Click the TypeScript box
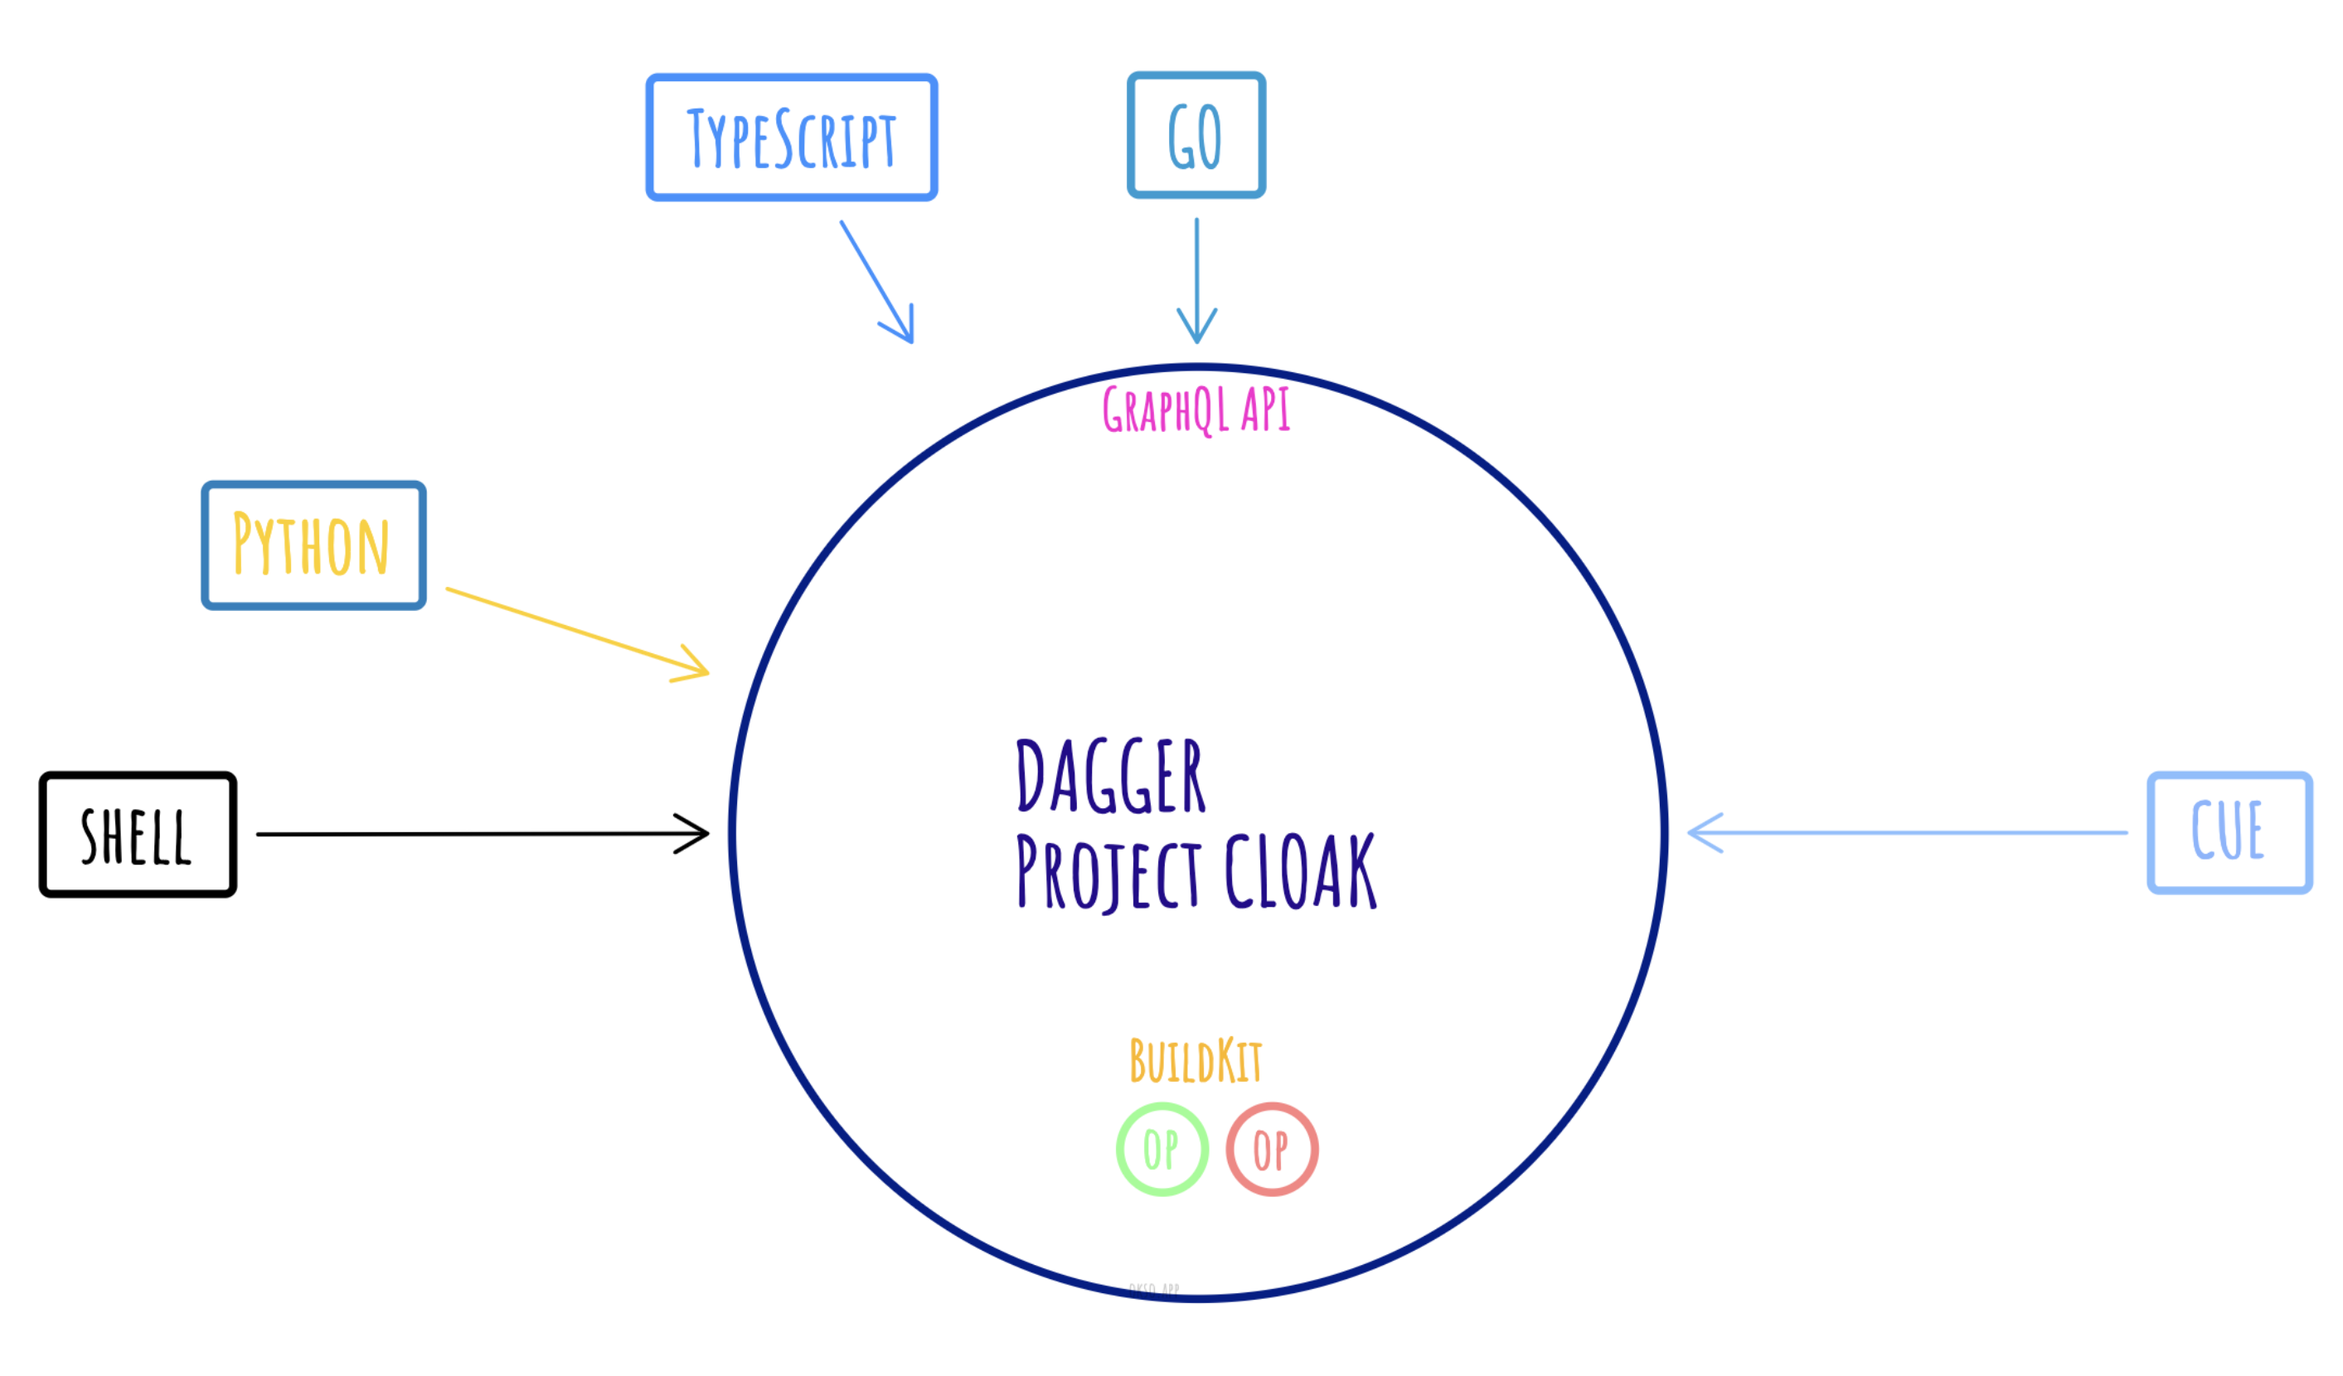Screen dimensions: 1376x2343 click(x=791, y=137)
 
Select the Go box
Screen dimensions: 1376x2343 click(x=1196, y=135)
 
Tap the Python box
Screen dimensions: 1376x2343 click(x=313, y=545)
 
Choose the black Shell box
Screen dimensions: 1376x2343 click(x=138, y=835)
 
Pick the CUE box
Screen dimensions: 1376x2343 click(x=2229, y=833)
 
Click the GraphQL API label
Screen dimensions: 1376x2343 click(x=1196, y=410)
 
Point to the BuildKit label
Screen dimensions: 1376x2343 click(x=1196, y=1061)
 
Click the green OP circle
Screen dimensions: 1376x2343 click(x=1162, y=1149)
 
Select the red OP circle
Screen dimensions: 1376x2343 click(x=1272, y=1149)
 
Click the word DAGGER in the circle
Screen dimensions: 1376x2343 click(x=1110, y=778)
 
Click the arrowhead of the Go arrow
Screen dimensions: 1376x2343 click(x=1196, y=335)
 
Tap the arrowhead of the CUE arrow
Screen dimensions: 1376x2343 click(x=1698, y=833)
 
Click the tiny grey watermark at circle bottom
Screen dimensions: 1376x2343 click(x=1154, y=1290)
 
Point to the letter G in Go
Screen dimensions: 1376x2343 click(x=1180, y=137)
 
